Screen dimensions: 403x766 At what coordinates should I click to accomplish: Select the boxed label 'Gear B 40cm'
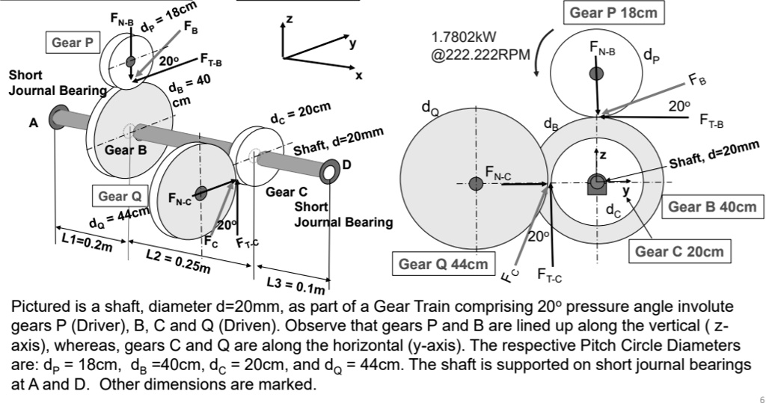click(712, 206)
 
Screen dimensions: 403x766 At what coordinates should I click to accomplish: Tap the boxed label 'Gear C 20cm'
click(679, 251)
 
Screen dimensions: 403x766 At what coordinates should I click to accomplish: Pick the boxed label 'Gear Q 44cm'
click(443, 264)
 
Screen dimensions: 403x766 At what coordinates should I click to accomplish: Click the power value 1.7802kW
click(464, 37)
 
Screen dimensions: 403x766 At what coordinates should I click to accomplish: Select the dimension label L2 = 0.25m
click(178, 260)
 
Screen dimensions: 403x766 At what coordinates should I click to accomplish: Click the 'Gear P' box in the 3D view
click(73, 43)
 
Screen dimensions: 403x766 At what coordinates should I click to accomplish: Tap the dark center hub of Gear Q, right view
click(476, 182)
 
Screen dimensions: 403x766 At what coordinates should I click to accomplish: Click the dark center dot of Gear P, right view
click(597, 73)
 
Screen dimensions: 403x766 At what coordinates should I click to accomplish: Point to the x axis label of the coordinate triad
click(358, 76)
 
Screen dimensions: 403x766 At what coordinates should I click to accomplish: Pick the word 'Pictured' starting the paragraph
click(38, 307)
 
